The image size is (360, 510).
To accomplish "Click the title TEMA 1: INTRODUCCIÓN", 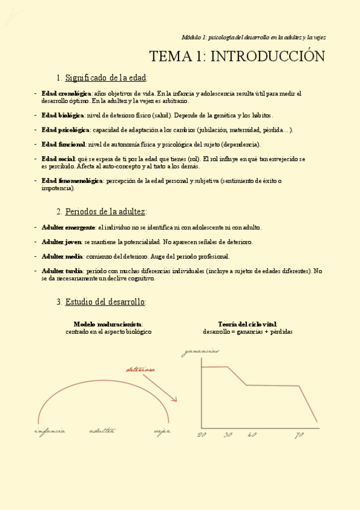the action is (237, 57).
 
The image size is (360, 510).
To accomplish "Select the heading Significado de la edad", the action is (106, 78).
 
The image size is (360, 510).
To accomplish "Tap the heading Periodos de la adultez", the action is (105, 212).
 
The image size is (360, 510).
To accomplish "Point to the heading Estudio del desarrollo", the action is (105, 301).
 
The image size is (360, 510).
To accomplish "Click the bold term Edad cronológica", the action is (66, 94).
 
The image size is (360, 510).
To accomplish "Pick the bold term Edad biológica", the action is (63, 115).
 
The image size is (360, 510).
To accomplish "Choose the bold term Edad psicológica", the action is (66, 130).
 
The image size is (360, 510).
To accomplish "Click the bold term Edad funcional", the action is (63, 144).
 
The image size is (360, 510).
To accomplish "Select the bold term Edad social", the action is (58, 159).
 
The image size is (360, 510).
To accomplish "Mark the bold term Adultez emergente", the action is (69, 227).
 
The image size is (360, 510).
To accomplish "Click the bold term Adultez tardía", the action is (63, 271).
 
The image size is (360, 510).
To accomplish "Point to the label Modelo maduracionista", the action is (108, 324).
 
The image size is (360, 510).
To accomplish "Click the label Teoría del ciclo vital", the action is (248, 324).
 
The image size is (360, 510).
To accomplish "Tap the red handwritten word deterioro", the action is (140, 370).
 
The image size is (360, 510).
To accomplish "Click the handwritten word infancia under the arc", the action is (50, 431).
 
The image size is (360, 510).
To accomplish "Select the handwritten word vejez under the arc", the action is (162, 431).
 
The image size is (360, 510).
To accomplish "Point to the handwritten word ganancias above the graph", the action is (201, 352).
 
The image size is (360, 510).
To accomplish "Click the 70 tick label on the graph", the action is (299, 435).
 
